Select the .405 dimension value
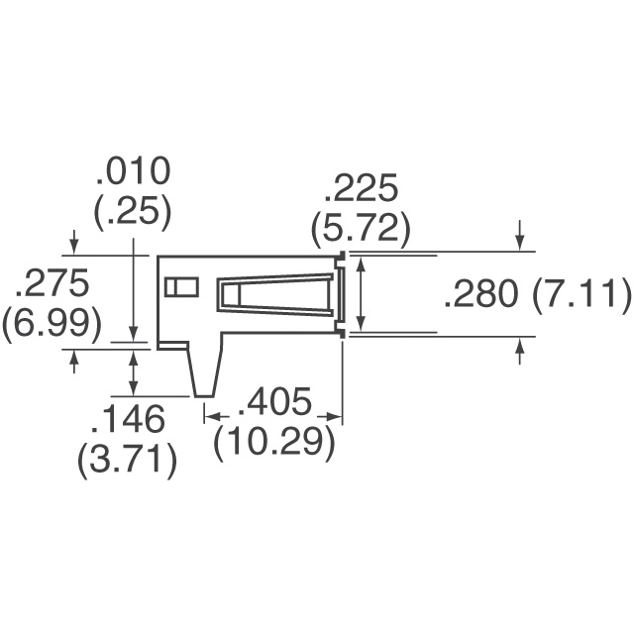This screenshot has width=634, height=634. pos(273,403)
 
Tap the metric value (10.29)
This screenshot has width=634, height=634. pos(273,442)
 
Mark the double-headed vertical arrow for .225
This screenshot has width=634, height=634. pos(361,294)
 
